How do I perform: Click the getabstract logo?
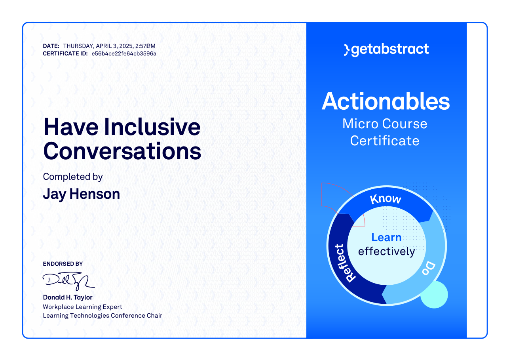(x=386, y=50)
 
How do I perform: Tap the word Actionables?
(x=386, y=101)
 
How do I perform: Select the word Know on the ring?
(x=386, y=199)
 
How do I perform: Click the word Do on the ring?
(x=429, y=269)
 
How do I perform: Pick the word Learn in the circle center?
(x=386, y=237)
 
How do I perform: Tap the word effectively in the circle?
(x=387, y=252)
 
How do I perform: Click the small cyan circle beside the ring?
(x=434, y=295)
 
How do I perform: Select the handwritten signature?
(x=68, y=281)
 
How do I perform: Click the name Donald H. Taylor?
(x=68, y=297)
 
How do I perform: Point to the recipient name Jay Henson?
(x=82, y=194)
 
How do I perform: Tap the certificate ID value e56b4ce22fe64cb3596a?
(x=124, y=54)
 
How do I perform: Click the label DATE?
(x=51, y=46)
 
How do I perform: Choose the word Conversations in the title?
(x=122, y=151)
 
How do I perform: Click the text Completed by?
(x=73, y=177)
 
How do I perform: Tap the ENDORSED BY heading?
(x=63, y=264)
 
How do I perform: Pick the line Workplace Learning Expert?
(x=82, y=307)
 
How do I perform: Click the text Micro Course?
(x=385, y=124)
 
